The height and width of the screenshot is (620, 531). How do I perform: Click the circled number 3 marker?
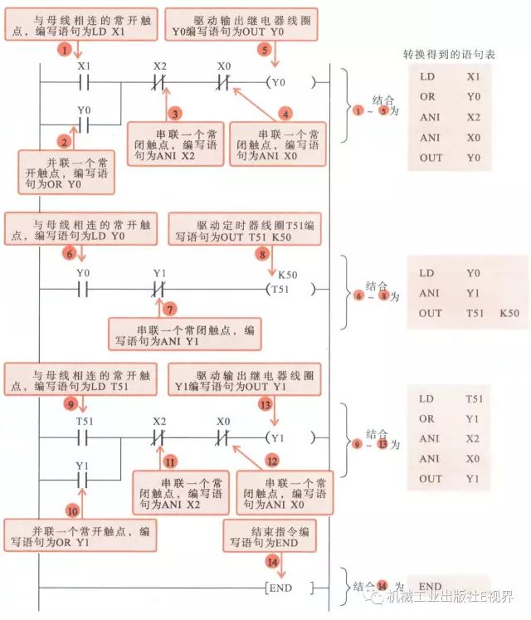tap(174, 113)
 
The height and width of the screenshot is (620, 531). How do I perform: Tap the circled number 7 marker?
tap(170, 309)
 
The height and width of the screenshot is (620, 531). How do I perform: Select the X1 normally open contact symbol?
tap(82, 83)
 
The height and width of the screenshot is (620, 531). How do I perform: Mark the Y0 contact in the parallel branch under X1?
tap(82, 126)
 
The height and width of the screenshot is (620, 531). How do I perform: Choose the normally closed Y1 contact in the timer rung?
tap(159, 290)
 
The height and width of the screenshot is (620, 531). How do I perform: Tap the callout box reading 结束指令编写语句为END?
tap(270, 536)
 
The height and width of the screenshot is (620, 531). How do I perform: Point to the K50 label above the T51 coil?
tap(288, 273)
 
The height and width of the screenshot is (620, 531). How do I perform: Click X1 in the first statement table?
tap(474, 76)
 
